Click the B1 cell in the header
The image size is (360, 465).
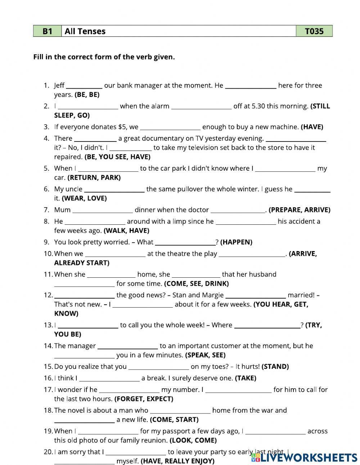tap(47, 31)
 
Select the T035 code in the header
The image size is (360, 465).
tap(314, 31)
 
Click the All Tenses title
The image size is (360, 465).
tap(85, 31)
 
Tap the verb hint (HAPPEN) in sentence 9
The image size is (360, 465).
tap(236, 242)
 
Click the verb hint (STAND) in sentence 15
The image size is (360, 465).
tap(275, 367)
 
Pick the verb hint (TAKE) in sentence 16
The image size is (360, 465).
tap(246, 378)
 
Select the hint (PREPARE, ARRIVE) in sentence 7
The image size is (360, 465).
tap(299, 210)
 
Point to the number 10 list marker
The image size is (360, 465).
tap(48, 254)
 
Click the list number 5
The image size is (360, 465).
tap(46, 168)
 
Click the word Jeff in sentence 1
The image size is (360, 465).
tap(59, 85)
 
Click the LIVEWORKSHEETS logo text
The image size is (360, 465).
tap(309, 457)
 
